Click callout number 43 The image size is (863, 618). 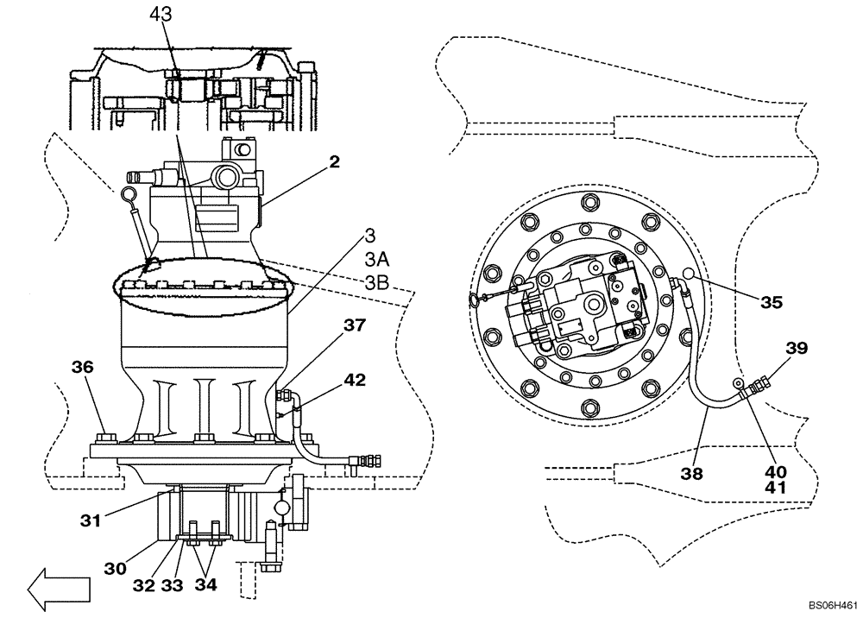[161, 15]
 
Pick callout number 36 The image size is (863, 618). [82, 366]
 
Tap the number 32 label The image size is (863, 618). [145, 584]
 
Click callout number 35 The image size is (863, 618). [772, 302]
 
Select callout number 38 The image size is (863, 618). [691, 473]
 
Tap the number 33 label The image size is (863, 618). [173, 584]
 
